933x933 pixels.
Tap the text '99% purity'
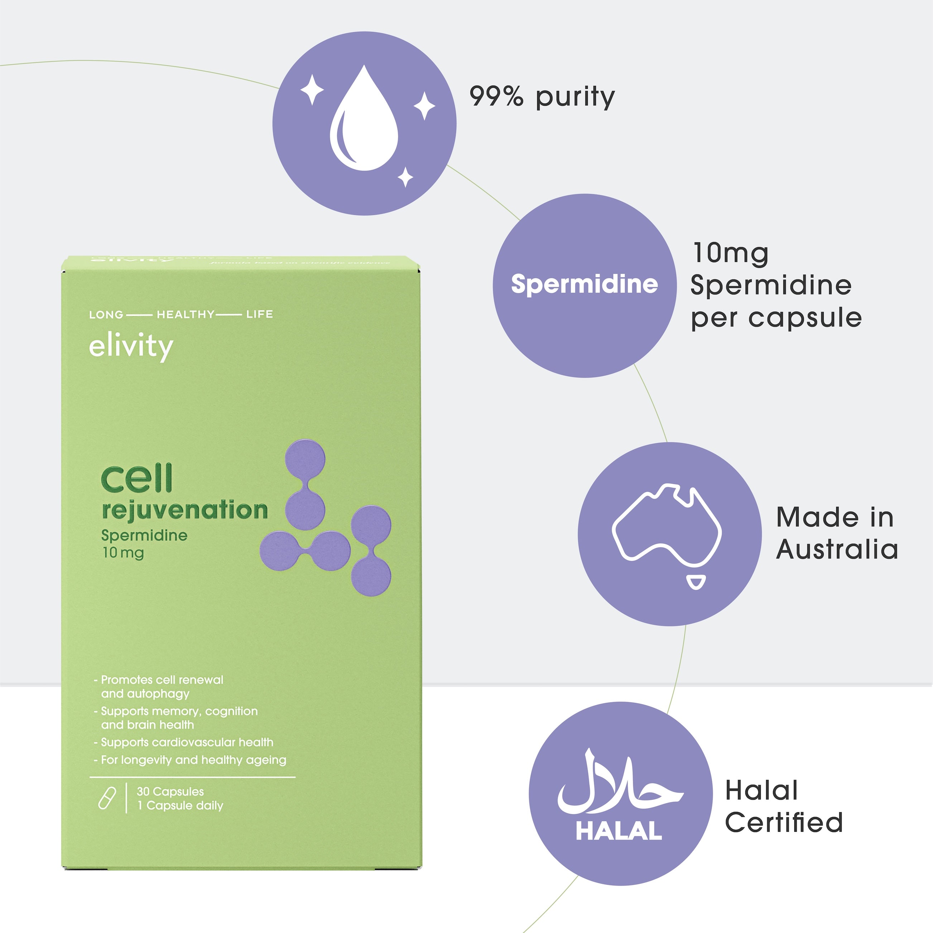pyautogui.click(x=542, y=97)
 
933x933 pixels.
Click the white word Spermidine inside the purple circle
pyautogui.click(x=584, y=284)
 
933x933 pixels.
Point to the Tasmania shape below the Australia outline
pyautogui.click(x=696, y=582)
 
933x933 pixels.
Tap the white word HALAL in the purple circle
pyautogui.click(x=619, y=831)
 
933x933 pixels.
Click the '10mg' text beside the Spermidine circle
pyautogui.click(x=730, y=254)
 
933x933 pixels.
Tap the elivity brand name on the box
pyautogui.click(x=131, y=347)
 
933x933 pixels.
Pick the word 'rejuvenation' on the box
pyautogui.click(x=185, y=510)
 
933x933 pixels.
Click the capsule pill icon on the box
pyautogui.click(x=107, y=798)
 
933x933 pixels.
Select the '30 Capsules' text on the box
pyautogui.click(x=170, y=792)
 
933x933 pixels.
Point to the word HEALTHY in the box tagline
pyautogui.click(x=186, y=314)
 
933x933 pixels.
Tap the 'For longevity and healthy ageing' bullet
pyautogui.click(x=193, y=760)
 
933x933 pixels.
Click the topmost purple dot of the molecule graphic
pyautogui.click(x=305, y=459)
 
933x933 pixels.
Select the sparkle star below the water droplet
pyautogui.click(x=405, y=177)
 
